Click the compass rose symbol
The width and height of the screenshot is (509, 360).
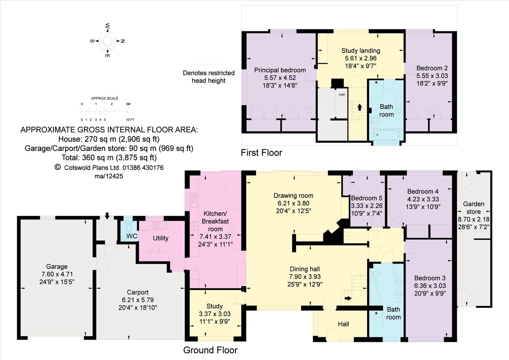[107, 41]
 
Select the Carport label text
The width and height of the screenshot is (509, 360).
[138, 292]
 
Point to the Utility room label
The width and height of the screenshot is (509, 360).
[160, 238]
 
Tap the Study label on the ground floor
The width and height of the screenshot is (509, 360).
[215, 306]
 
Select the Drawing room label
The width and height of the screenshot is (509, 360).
[293, 196]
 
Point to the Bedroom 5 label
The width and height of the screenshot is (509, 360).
[364, 198]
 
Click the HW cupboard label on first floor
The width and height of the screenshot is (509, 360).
[341, 95]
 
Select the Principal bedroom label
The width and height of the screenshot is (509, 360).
[280, 70]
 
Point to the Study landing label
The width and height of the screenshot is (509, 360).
[361, 51]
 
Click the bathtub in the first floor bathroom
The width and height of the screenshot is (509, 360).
[386, 135]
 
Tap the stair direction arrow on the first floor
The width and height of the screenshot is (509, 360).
[359, 107]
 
